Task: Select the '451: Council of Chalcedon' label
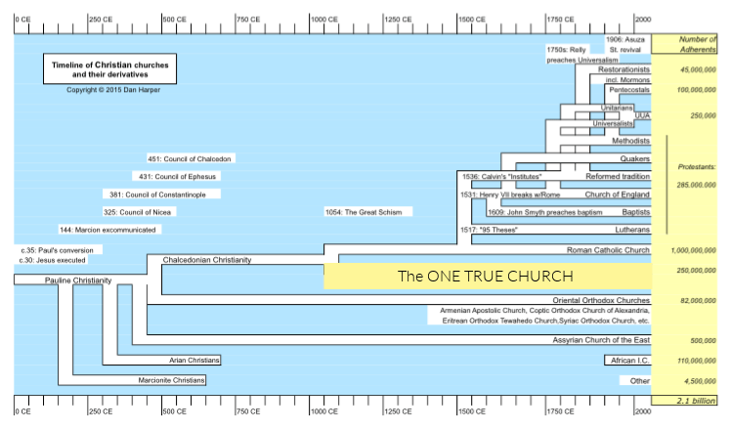click(x=192, y=158)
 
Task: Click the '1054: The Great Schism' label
click(x=367, y=211)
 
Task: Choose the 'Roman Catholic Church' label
click(x=608, y=251)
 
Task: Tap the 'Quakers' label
click(x=635, y=158)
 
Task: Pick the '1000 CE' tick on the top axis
click(x=324, y=20)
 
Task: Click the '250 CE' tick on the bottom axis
click(x=100, y=411)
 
